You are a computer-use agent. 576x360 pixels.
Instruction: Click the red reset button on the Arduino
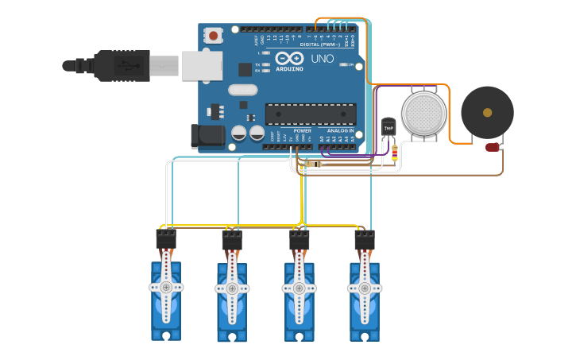213,35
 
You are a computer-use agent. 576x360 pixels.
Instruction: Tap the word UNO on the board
322,59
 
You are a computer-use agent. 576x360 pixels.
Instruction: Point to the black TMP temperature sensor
389,127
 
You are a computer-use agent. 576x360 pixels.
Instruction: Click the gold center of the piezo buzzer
487,113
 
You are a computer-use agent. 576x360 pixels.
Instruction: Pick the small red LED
493,147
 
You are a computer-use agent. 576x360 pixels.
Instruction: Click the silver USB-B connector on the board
202,65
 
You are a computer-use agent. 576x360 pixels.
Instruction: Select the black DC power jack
207,136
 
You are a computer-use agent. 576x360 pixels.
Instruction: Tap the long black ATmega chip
310,114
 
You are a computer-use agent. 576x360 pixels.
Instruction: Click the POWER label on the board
302,130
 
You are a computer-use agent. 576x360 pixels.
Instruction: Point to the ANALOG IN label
340,130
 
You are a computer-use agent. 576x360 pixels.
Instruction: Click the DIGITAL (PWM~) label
321,45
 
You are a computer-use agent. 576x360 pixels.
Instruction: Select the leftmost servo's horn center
166,287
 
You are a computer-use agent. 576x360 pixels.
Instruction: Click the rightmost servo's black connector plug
365,238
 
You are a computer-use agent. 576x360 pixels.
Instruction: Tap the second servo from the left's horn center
232,288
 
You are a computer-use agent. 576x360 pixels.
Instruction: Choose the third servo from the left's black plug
300,238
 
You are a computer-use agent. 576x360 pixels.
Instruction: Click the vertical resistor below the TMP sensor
395,154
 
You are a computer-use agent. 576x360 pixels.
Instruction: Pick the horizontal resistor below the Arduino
314,165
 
